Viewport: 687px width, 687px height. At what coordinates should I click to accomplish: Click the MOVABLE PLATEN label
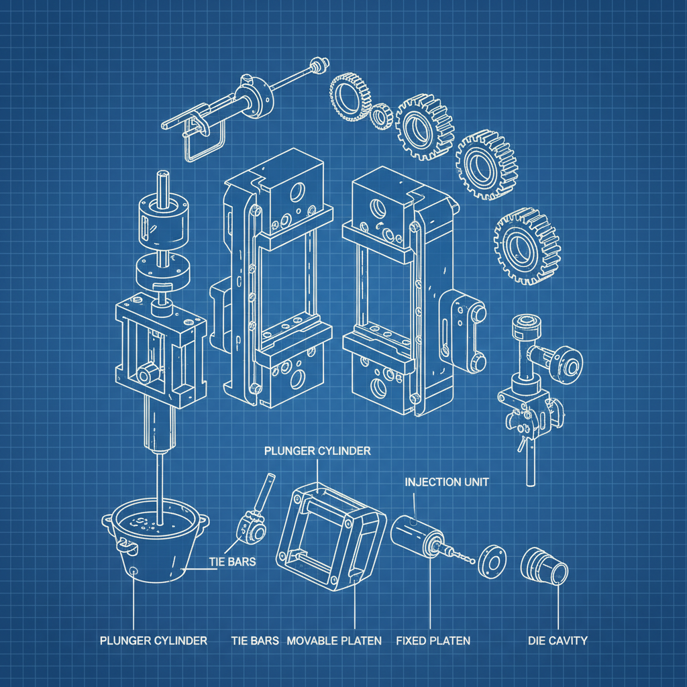pyautogui.click(x=334, y=641)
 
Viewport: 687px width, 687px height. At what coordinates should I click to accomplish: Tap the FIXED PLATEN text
pyautogui.click(x=433, y=641)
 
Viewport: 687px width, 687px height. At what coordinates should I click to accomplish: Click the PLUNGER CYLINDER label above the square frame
pyautogui.click(x=317, y=451)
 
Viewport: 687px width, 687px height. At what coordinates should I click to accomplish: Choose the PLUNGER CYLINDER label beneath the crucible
pyautogui.click(x=154, y=641)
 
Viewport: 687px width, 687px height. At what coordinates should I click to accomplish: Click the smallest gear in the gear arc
pyautogui.click(x=381, y=116)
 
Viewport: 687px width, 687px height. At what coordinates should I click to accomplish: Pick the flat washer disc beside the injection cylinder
pyautogui.click(x=491, y=559)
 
